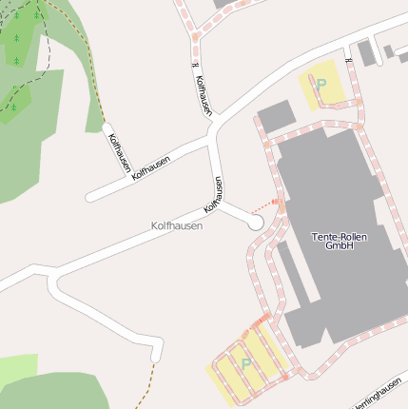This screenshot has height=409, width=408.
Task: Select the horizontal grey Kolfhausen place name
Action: click(176, 226)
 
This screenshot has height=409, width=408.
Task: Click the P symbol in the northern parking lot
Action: click(321, 85)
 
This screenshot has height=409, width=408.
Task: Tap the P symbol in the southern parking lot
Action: click(246, 363)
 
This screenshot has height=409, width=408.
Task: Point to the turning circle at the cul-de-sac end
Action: click(254, 222)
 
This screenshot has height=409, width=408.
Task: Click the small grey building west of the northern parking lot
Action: click(276, 117)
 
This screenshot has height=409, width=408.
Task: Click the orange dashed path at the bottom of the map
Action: click(143, 390)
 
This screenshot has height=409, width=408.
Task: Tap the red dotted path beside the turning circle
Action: click(267, 205)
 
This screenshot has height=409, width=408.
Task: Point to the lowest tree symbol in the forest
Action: click(14, 107)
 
